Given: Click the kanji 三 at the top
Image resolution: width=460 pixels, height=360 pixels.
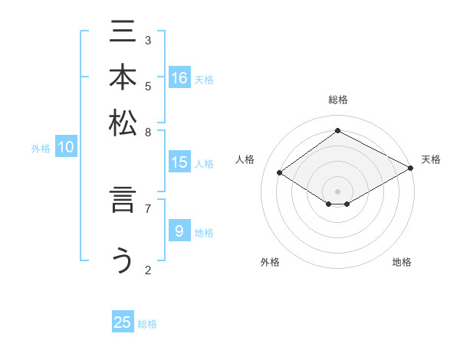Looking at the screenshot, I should (x=123, y=33).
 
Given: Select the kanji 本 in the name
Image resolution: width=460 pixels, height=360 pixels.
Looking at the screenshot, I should (x=123, y=78).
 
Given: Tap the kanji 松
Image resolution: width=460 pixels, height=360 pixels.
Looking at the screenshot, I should (x=123, y=123).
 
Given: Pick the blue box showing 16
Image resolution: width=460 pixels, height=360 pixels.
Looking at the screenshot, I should (x=179, y=78).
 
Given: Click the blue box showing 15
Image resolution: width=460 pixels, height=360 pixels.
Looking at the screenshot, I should (x=179, y=162).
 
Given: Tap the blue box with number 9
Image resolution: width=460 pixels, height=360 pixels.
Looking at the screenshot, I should (x=179, y=231).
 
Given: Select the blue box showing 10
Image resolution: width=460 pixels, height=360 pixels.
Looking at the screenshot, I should (x=66, y=148).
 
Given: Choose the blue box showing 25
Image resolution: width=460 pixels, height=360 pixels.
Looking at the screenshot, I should (x=123, y=322).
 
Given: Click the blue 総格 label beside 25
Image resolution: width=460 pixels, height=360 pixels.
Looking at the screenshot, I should (x=147, y=324).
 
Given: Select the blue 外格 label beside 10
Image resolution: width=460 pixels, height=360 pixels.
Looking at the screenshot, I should (x=41, y=149).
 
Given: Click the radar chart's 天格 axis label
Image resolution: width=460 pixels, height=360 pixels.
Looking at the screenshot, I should (x=431, y=159).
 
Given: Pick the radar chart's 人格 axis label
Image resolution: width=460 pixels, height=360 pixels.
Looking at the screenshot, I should (x=245, y=159).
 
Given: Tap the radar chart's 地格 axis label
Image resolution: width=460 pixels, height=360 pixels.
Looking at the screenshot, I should (x=402, y=262).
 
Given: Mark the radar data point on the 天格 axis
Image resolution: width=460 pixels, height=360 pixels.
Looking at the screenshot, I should (x=412, y=169).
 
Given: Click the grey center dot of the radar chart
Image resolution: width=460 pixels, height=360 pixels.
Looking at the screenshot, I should (x=337, y=190).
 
